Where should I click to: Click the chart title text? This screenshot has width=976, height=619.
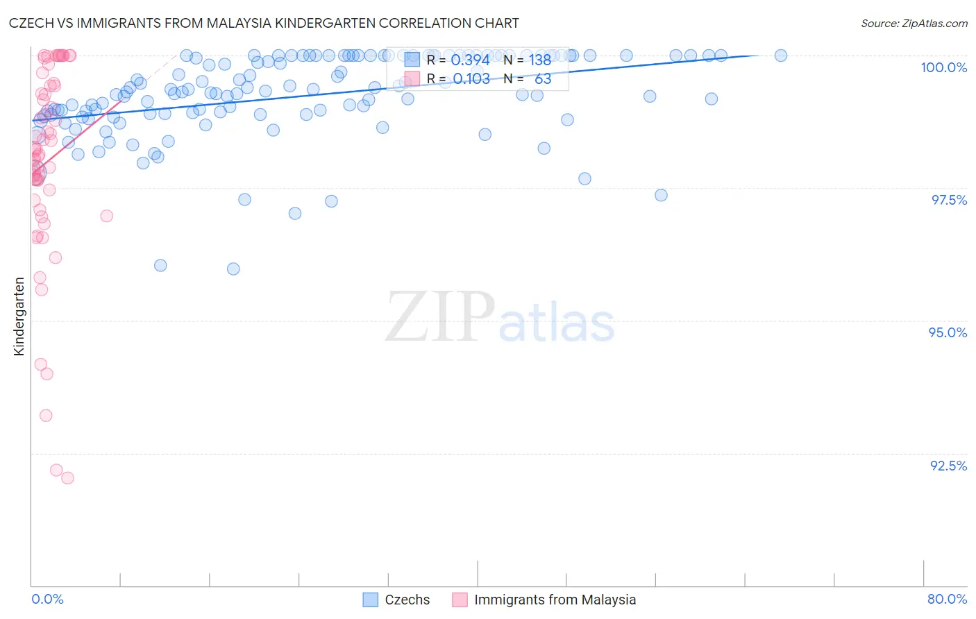click(x=263, y=23)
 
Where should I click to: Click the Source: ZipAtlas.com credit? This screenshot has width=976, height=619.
click(x=914, y=23)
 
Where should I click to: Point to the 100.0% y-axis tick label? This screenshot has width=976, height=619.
click(x=943, y=67)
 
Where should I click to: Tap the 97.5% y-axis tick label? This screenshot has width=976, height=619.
click(x=949, y=200)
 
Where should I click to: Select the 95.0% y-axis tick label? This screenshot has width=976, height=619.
click(x=948, y=332)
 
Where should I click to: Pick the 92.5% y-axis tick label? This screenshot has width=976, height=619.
click(x=948, y=466)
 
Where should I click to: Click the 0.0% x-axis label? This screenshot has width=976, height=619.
click(x=48, y=599)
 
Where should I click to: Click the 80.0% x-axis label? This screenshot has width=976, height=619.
click(x=947, y=599)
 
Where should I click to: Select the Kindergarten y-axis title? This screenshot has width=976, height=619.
click(x=19, y=316)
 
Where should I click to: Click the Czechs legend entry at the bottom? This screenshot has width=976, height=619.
click(x=407, y=600)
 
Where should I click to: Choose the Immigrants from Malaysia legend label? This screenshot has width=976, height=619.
click(x=555, y=600)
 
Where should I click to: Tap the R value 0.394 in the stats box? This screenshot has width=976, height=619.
click(x=470, y=60)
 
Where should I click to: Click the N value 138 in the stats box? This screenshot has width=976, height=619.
click(x=540, y=60)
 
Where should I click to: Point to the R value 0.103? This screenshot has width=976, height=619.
click(x=471, y=79)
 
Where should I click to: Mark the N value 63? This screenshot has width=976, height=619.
click(x=543, y=79)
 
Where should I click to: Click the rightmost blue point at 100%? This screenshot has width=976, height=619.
click(x=780, y=56)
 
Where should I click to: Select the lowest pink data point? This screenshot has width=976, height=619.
click(x=67, y=477)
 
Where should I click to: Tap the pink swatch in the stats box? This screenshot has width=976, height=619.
click(x=412, y=78)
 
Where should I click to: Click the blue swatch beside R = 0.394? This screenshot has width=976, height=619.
click(x=412, y=60)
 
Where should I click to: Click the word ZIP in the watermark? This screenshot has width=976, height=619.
click(x=440, y=317)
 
